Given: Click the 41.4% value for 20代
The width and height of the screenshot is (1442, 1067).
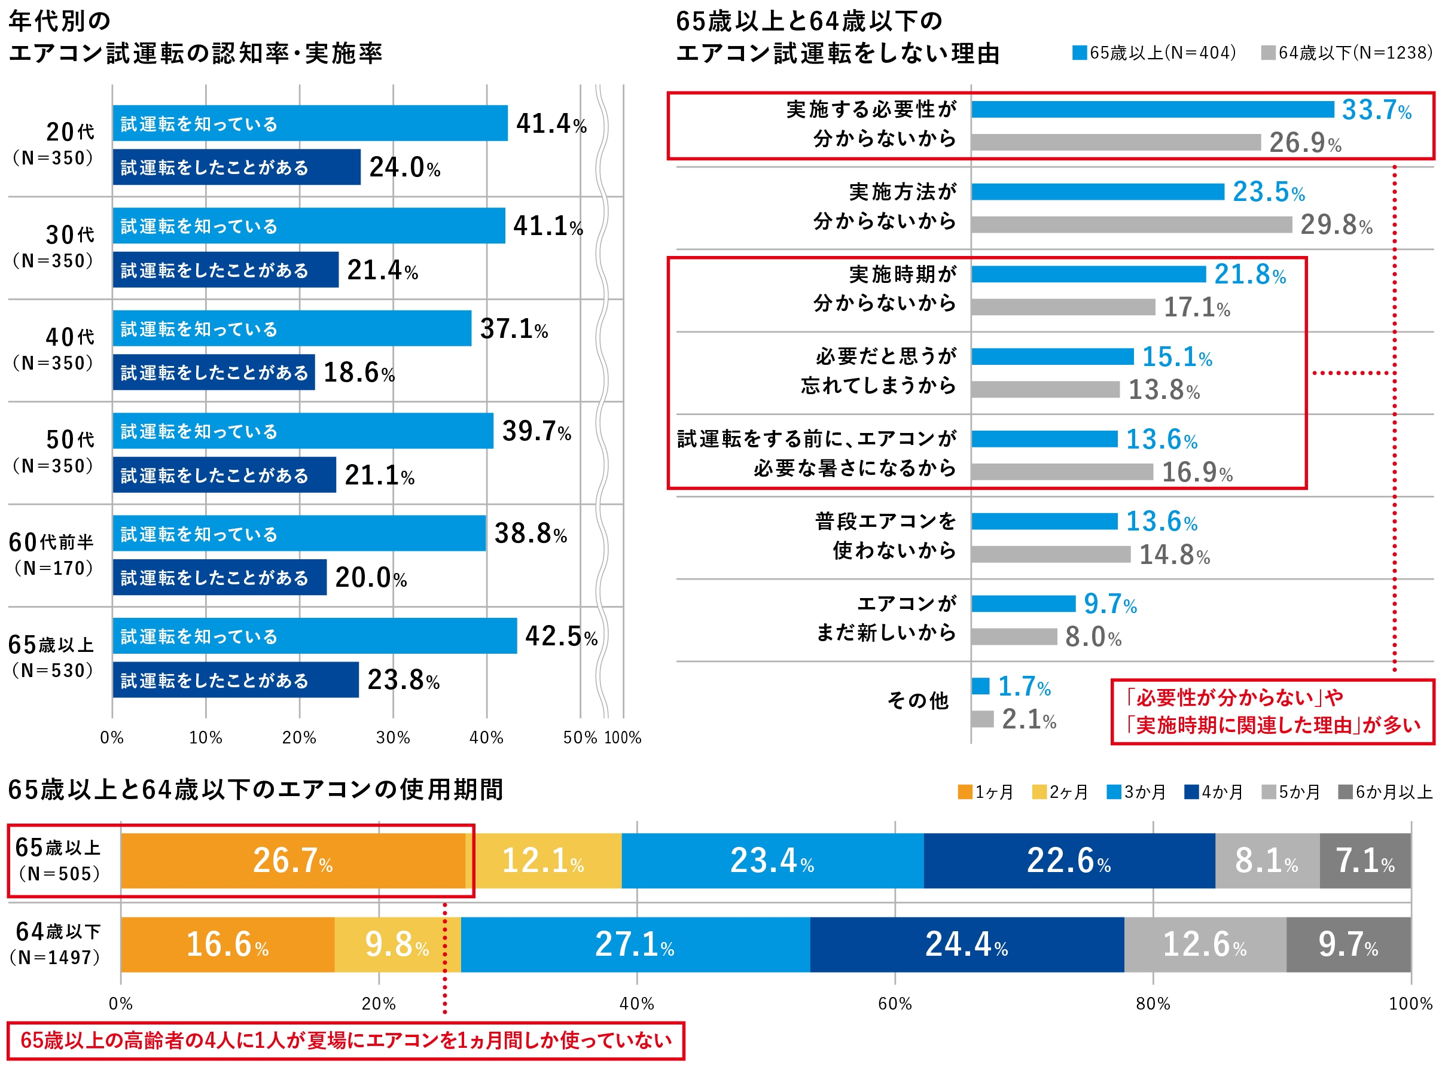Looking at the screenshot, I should (x=550, y=123).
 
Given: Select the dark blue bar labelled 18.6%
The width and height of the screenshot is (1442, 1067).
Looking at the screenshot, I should (x=213, y=373).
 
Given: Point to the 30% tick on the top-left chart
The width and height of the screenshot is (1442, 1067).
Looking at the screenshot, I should (x=392, y=737).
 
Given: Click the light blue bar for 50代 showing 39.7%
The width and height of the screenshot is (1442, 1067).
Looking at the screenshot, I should (x=302, y=431).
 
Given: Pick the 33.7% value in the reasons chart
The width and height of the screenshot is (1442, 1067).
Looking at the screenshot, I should (x=1376, y=110).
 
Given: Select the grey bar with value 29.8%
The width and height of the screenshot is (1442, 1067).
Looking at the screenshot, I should (x=1131, y=225).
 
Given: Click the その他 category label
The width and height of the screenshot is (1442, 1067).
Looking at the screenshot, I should (x=917, y=701).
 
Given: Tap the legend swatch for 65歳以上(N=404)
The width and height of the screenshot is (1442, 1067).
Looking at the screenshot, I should (x=1079, y=53).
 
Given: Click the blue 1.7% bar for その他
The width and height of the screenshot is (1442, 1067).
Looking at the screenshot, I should (x=980, y=686).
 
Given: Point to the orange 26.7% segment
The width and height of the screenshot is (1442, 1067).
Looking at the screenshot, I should (x=293, y=861).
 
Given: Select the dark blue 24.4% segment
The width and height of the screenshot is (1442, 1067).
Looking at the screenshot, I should (x=966, y=944).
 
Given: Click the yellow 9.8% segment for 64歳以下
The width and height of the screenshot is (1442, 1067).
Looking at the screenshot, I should (x=397, y=944).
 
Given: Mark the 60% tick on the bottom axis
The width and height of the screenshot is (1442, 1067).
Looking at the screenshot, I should (x=894, y=1004).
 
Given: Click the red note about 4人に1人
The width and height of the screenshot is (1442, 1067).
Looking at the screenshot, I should (x=346, y=1041).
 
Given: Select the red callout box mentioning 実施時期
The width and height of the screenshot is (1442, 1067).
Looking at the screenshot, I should (x=1272, y=712).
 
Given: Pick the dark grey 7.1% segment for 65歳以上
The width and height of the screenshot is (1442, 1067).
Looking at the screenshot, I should (x=1364, y=861).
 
